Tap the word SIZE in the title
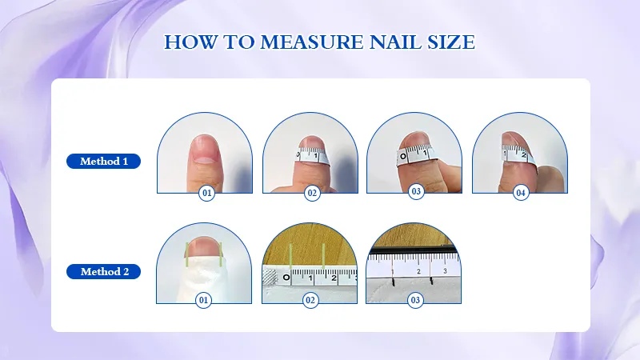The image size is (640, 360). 450,42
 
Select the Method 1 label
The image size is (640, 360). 104,162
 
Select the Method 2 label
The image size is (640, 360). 104,271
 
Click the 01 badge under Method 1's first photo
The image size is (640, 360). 206,193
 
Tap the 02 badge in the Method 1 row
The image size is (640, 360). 311,193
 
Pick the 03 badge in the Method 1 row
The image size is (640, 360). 415,193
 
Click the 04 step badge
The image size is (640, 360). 520,193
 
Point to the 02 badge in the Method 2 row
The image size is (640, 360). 311,301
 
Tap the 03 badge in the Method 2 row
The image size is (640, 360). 415,301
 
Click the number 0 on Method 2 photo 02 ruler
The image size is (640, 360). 286,278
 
